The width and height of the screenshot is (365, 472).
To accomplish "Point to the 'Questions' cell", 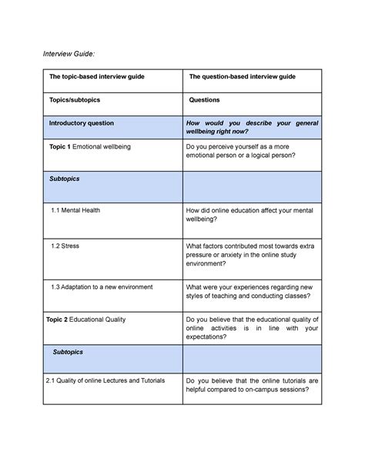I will point(204,100).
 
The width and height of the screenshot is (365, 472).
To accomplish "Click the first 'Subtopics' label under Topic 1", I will point(65,179).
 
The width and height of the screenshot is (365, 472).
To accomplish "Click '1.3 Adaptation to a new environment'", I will point(102,286).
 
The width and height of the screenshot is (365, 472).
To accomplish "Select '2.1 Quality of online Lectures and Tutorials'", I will point(105,380).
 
